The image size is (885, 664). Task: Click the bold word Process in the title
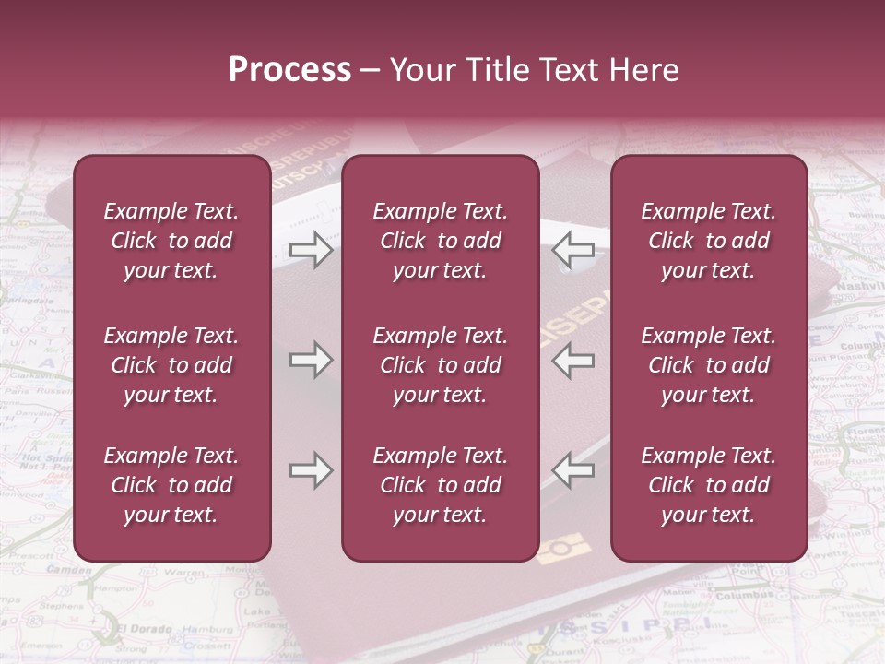tap(289, 70)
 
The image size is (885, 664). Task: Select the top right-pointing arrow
tap(311, 249)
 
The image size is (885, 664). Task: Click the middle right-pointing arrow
tap(311, 360)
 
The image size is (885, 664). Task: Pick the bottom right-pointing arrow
tap(311, 470)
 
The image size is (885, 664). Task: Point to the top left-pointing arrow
tap(572, 249)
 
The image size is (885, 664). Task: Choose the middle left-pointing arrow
tap(572, 360)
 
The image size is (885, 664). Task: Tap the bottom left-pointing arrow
tap(572, 470)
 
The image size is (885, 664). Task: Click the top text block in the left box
tap(171, 241)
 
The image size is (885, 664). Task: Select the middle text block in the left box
tap(171, 365)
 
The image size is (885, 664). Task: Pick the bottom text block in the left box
tap(171, 485)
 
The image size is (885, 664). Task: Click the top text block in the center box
tap(440, 241)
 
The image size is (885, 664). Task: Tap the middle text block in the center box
tap(440, 365)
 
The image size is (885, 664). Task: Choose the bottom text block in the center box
tap(440, 485)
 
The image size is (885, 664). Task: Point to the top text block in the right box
tap(708, 241)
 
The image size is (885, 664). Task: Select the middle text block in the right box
tap(708, 365)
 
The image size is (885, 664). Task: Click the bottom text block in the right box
tap(708, 485)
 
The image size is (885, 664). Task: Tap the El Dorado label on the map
tap(144, 630)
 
